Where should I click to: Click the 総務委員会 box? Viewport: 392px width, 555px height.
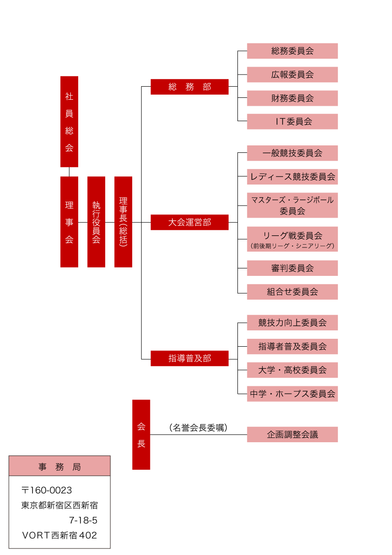[x=292, y=51]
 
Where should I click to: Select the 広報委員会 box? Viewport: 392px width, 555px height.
[x=292, y=75]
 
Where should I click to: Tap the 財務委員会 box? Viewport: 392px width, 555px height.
[x=292, y=98]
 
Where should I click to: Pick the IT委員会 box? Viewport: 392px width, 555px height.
[x=292, y=122]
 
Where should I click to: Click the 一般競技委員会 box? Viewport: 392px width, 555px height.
[x=292, y=153]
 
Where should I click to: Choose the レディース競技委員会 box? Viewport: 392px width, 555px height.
[x=292, y=177]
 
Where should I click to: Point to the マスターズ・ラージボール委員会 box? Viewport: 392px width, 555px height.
[x=292, y=205]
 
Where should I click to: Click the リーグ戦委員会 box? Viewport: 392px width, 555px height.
[x=292, y=239]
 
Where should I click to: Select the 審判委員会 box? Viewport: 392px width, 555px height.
[x=292, y=268]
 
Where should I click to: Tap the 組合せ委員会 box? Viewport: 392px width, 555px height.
[x=292, y=292]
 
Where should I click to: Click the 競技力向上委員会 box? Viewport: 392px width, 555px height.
[x=292, y=322]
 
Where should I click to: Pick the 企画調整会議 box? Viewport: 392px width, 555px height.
[x=292, y=434]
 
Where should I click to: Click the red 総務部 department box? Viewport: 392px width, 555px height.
[x=189, y=87]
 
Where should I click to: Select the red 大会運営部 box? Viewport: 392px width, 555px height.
[x=189, y=222]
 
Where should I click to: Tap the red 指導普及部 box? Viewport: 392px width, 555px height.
[x=189, y=358]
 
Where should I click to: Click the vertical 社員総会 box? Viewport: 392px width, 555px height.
[x=69, y=122]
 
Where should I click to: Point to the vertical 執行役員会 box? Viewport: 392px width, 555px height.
[x=96, y=222]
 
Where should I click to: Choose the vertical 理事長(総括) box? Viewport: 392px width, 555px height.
[x=123, y=222]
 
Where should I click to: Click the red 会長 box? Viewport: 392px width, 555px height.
[x=141, y=434]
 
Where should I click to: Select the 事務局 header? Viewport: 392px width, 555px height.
[x=60, y=466]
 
